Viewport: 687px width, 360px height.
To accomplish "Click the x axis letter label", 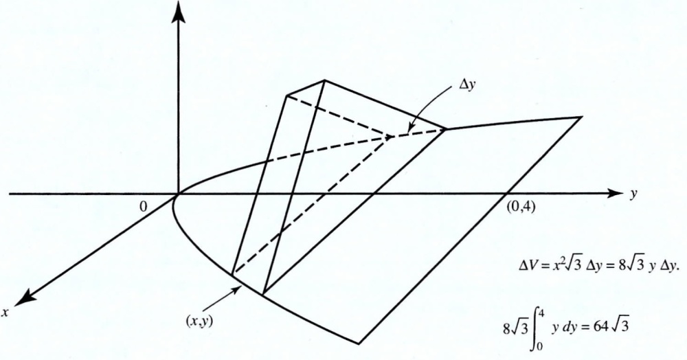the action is (6, 312).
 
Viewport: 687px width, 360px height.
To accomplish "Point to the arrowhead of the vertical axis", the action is (179, 8).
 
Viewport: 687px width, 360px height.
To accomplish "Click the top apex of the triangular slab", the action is (323, 80).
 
